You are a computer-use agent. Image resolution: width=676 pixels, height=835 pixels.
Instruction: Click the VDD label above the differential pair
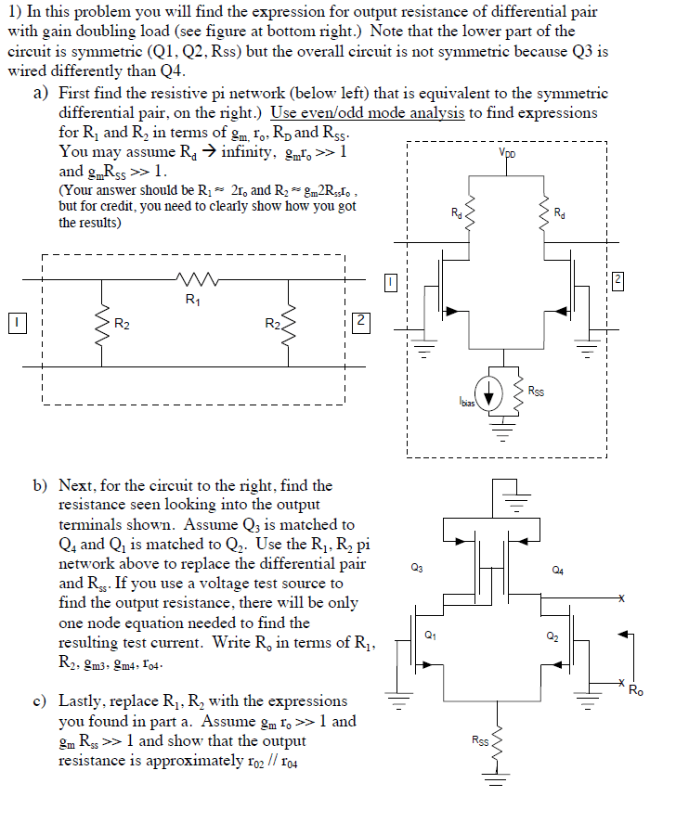[508, 153]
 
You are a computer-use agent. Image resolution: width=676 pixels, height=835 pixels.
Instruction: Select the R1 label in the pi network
[191, 299]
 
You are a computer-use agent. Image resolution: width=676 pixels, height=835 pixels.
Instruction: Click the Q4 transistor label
[557, 568]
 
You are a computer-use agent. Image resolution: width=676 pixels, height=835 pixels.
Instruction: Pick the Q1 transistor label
[428, 635]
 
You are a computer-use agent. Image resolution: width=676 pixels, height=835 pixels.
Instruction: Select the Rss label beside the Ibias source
[536, 391]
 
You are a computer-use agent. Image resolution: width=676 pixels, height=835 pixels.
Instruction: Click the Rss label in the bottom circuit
[480, 739]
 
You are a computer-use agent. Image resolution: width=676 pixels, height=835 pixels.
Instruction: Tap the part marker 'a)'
[42, 94]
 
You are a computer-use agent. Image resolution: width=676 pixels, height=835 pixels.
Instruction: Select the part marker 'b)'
[42, 485]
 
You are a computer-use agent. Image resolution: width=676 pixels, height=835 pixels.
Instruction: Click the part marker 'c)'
[42, 701]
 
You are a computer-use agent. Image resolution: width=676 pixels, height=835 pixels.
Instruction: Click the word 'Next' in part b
[76, 485]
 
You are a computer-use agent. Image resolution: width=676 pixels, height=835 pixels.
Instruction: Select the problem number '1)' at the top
[15, 12]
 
